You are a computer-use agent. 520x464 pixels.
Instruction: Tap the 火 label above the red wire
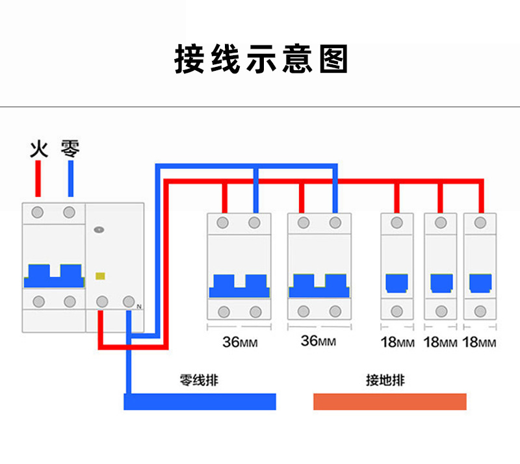pos(39,149)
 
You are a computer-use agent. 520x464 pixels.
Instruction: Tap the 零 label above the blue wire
pos(70,149)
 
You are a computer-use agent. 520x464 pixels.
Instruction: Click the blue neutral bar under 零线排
pos(200,402)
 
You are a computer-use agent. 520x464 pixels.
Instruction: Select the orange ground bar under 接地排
pos(390,402)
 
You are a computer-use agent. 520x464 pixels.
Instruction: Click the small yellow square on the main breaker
pos(100,276)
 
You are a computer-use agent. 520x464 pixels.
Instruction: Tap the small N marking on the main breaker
pos(138,306)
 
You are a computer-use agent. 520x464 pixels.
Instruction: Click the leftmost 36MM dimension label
pos(239,342)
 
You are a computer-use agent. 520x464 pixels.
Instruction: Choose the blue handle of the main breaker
pos(53,276)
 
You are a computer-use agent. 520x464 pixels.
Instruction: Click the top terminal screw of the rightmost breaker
pos(480,223)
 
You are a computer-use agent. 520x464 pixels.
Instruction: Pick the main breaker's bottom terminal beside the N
pos(129,302)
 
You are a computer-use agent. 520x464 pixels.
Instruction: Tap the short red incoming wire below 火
pos(39,179)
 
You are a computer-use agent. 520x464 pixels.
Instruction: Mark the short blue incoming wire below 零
pos(70,179)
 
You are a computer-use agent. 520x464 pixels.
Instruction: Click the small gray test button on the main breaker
pos(99,229)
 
